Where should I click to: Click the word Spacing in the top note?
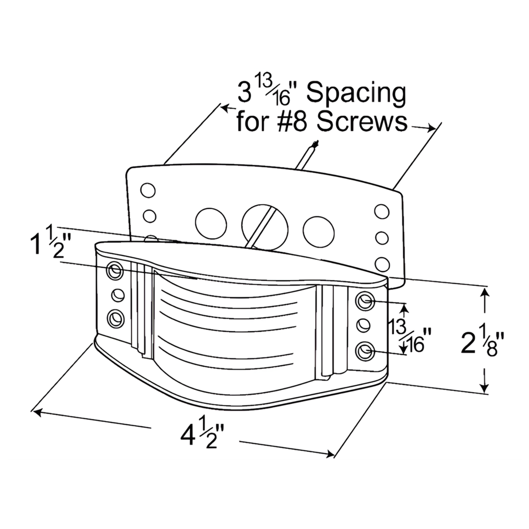coord(356,95)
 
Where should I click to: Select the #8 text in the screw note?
coord(293,122)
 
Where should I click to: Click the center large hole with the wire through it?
coord(264,225)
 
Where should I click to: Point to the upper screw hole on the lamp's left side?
coord(115,270)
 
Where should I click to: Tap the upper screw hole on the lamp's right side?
coord(365,300)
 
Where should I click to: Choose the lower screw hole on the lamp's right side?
coord(365,351)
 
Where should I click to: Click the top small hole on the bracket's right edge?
coord(381,211)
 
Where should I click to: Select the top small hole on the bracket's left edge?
coord(148,190)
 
